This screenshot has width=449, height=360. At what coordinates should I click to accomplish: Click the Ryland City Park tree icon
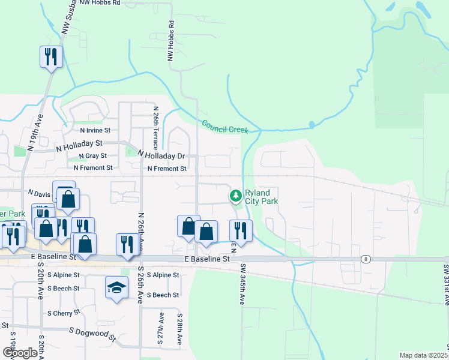pyautogui.click(x=236, y=196)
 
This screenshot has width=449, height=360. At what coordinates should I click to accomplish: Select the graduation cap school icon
pyautogui.click(x=117, y=287)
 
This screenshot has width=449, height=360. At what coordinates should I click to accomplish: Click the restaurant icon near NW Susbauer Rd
pyautogui.click(x=51, y=57)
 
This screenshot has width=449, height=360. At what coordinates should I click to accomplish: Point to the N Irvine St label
pyautogui.click(x=95, y=130)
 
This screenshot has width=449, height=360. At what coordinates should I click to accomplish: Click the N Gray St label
pyautogui.click(x=92, y=156)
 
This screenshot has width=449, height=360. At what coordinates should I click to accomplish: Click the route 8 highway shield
pyautogui.click(x=365, y=259)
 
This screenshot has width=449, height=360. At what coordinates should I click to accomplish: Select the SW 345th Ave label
pyautogui.click(x=243, y=284)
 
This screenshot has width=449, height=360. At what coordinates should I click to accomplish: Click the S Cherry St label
pyautogui.click(x=63, y=313)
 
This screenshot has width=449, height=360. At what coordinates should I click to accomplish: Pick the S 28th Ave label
pyautogui.click(x=179, y=328)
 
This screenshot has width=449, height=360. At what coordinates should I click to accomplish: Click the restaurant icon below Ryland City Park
pyautogui.click(x=241, y=231)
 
